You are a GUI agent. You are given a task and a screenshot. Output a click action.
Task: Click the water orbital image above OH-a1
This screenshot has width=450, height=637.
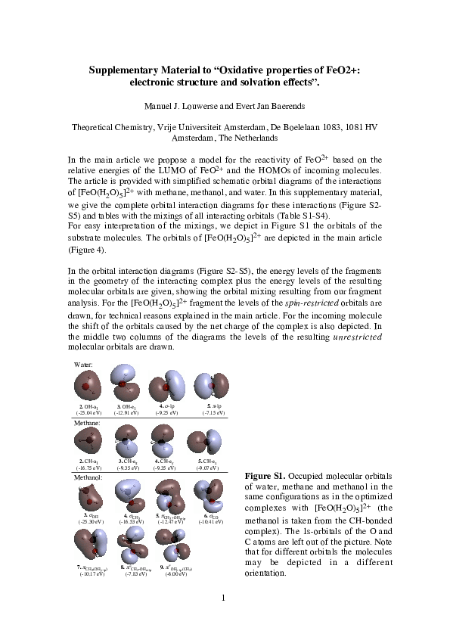pyautogui.click(x=89, y=387)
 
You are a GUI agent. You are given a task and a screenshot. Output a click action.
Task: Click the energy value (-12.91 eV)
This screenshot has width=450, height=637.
pyautogui.click(x=126, y=414)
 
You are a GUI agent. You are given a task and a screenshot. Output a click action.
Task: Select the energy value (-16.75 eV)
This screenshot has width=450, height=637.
pyautogui.click(x=89, y=468)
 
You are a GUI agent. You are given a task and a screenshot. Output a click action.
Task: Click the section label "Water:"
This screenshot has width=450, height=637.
pyautogui.click(x=83, y=364)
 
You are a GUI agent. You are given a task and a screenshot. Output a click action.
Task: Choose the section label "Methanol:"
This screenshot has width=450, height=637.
pyautogui.click(x=88, y=478)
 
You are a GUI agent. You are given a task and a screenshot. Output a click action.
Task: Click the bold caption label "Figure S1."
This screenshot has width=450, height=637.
pyautogui.click(x=264, y=475)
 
